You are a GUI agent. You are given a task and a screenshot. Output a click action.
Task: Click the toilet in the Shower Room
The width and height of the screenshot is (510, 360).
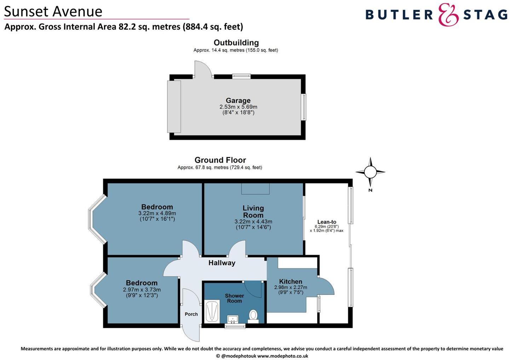pyautogui.click(x=253, y=315)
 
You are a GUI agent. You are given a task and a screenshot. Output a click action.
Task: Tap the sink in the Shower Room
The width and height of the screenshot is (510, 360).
pyautogui.click(x=233, y=319)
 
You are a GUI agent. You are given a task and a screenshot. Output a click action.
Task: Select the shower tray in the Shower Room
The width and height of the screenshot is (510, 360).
pyautogui.click(x=212, y=311)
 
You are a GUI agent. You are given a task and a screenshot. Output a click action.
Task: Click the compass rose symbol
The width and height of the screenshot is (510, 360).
pyautogui.click(x=370, y=172)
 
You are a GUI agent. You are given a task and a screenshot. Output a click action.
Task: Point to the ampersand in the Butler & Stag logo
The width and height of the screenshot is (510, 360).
pyautogui.click(x=448, y=15)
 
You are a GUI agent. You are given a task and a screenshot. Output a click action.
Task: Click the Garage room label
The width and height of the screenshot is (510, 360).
pyautogui.click(x=238, y=101)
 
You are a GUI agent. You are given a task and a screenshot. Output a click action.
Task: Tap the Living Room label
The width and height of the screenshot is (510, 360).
pyautogui.click(x=253, y=212)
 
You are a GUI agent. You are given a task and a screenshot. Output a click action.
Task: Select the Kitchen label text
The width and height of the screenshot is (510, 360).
pyautogui.click(x=290, y=282)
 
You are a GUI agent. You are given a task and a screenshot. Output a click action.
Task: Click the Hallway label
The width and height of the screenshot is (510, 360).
pyautogui.click(x=222, y=263)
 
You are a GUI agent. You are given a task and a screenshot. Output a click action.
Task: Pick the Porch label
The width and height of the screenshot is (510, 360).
pyautogui.click(x=191, y=314)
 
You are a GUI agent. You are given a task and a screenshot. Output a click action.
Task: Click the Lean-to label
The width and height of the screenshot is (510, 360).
pyautogui.click(x=327, y=222)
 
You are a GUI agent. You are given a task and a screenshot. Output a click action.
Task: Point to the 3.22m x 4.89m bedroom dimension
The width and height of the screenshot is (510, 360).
pyautogui.click(x=157, y=213)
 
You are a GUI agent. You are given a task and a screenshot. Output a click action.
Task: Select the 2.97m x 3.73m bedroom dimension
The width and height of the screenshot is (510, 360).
pyautogui.click(x=141, y=290)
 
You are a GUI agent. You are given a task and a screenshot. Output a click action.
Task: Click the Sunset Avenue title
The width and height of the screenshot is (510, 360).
pyautogui.click(x=53, y=12)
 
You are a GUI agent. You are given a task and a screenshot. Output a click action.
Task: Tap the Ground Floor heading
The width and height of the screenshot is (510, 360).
pyautogui.click(x=220, y=160)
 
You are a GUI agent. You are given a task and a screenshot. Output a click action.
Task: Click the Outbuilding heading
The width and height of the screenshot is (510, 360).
pyautogui.click(x=236, y=43)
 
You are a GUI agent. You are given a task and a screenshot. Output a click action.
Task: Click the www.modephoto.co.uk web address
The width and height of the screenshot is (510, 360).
pyautogui.click(x=283, y=356)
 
